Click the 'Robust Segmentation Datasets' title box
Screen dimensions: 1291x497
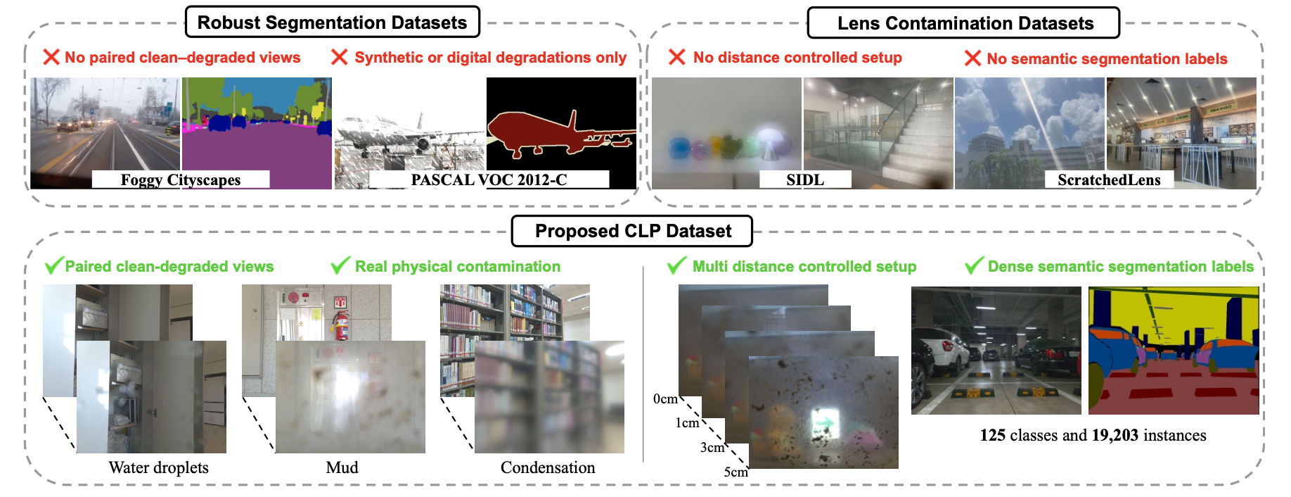333,23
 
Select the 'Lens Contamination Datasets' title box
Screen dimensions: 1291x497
963,23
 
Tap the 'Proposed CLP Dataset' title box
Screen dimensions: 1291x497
632,231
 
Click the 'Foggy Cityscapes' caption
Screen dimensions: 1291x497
181,180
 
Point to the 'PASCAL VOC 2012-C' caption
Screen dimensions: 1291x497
489,180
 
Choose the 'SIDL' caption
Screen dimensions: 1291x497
805,180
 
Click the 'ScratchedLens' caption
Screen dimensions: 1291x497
1109,180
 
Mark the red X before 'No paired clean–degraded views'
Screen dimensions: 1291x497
51,57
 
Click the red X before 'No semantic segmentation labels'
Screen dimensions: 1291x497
972,58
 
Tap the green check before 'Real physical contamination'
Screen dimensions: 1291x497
340,265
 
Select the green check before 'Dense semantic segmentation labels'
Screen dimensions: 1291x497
974,265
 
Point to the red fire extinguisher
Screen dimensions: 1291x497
341,325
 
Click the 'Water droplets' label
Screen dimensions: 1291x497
158,467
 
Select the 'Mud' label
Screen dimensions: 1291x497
342,467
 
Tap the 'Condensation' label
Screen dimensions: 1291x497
548,467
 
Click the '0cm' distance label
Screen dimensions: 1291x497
665,399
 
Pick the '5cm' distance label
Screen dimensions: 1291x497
736,472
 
